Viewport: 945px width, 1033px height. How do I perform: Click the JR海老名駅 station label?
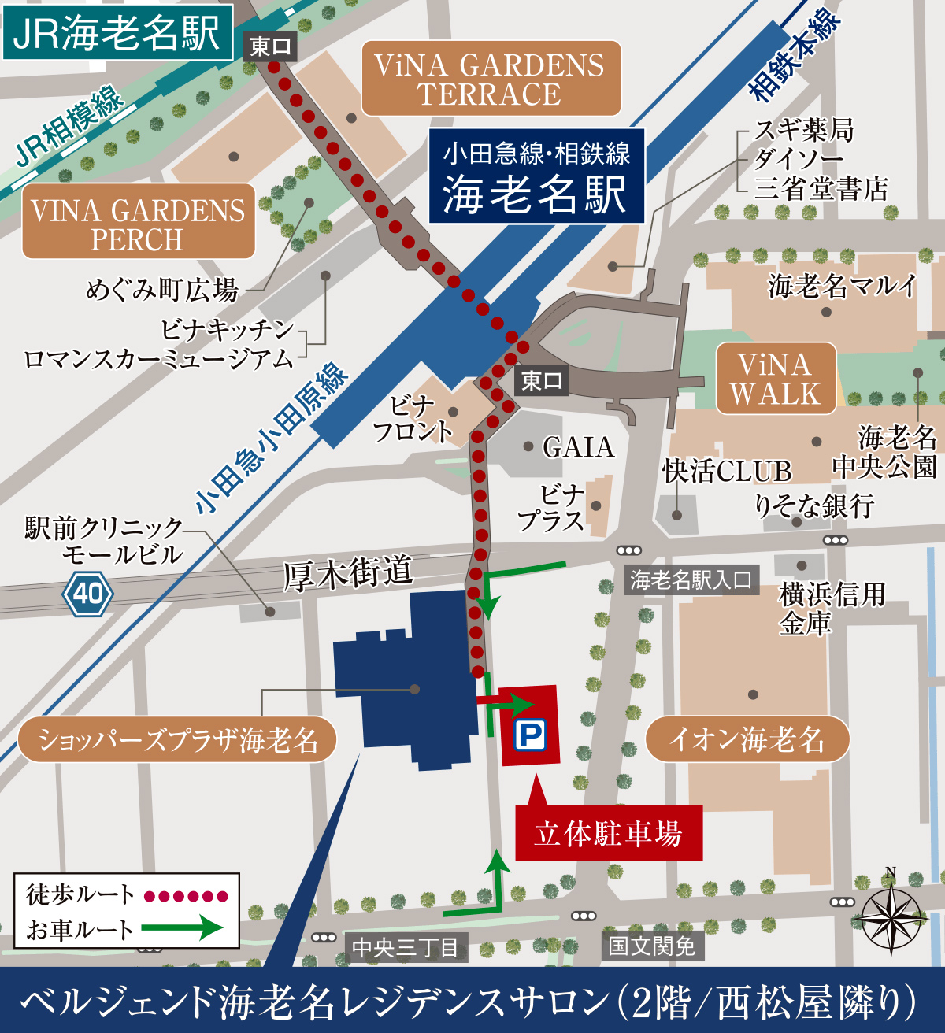[x=117, y=33]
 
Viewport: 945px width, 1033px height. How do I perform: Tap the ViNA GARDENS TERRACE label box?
[x=491, y=79]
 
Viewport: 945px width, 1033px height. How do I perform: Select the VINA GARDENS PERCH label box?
[x=138, y=223]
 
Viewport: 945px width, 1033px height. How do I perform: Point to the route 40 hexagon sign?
[x=87, y=593]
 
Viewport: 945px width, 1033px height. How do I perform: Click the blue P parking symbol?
[x=529, y=736]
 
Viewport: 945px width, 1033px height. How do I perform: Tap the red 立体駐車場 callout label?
[x=608, y=833]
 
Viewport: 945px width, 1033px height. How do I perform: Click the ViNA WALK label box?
[x=776, y=379]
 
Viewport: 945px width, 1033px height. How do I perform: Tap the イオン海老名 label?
[x=747, y=739]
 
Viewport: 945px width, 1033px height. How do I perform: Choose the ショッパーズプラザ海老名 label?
[x=177, y=740]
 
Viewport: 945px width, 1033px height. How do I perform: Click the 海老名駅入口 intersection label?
[x=691, y=580]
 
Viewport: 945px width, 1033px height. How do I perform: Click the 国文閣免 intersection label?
[x=652, y=945]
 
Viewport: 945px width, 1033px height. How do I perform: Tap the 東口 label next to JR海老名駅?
[x=270, y=47]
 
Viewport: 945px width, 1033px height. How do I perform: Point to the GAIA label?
[x=578, y=447]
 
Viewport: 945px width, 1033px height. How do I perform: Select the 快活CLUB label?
[x=726, y=472]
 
